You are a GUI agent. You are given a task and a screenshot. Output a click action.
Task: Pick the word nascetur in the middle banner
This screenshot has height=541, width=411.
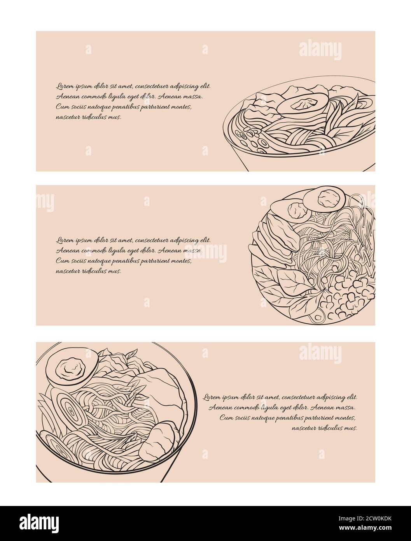coord(66,271)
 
